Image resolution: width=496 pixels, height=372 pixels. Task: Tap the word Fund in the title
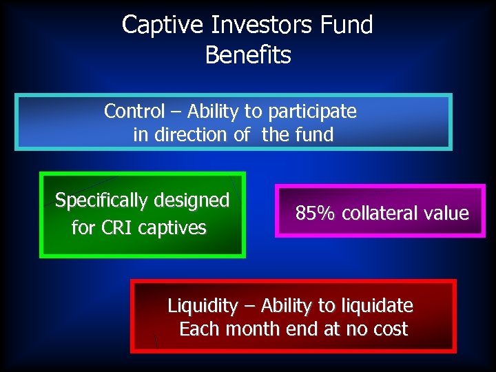347,25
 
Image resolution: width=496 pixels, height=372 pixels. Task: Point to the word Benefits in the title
248,54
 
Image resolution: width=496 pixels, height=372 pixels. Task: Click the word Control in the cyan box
134,111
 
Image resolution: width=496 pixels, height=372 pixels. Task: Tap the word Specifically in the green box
101,200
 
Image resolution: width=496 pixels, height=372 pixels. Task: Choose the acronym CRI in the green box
118,227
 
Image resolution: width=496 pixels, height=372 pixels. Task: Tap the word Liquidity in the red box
203,306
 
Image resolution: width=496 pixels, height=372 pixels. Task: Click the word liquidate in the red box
379,306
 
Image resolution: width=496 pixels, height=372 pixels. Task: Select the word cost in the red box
389,329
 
